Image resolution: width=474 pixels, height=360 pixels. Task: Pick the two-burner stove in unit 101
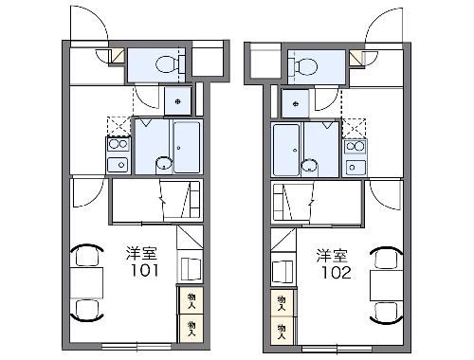point(118,146)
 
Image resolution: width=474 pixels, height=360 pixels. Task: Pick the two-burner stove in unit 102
point(355,146)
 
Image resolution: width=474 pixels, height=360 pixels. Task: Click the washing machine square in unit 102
point(296,101)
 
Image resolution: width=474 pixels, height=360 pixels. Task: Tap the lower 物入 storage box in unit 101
point(191,326)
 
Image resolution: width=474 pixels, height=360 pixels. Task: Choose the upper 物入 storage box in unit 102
point(283,301)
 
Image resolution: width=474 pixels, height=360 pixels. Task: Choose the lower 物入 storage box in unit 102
point(283,328)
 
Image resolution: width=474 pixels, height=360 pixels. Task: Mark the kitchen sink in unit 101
point(118,166)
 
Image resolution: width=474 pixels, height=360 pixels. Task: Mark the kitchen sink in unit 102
point(355,166)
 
